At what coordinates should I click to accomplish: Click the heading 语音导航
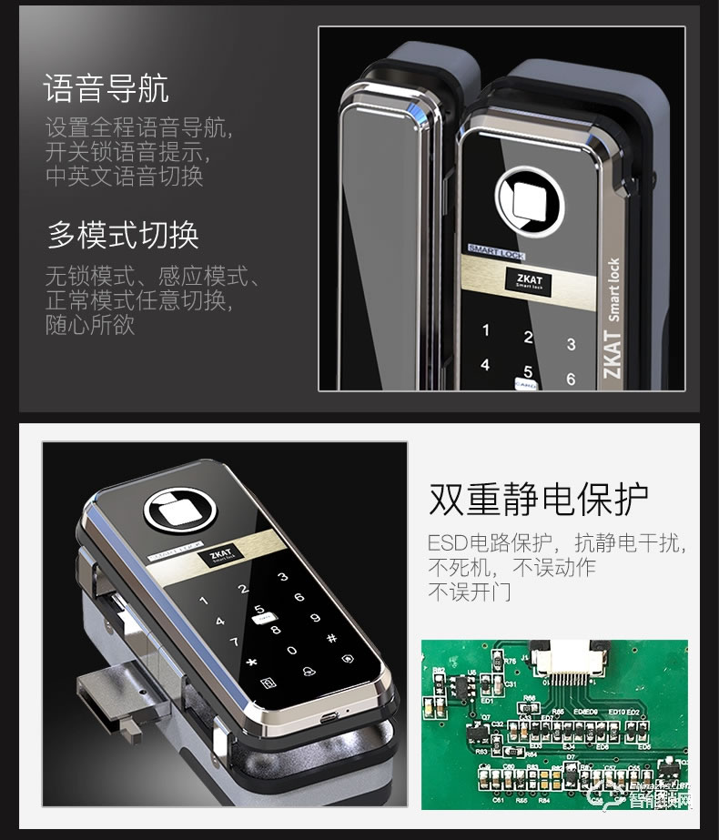[x=106, y=89]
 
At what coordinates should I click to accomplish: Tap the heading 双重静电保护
[x=538, y=499]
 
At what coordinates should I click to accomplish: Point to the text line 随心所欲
[x=90, y=325]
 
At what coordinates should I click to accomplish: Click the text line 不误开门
[x=469, y=593]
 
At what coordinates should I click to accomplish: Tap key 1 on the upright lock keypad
[x=486, y=330]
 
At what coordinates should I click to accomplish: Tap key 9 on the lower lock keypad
[x=316, y=618]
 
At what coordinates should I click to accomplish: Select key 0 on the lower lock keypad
[x=291, y=651]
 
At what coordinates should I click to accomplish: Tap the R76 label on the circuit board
[x=510, y=662]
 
